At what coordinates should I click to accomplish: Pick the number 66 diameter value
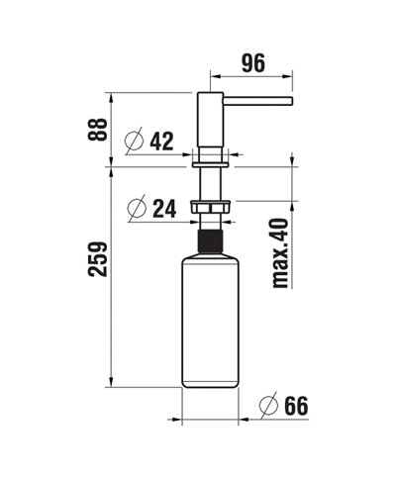click(295, 406)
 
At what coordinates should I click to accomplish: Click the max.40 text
click(280, 253)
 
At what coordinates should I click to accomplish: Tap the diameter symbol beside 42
click(135, 142)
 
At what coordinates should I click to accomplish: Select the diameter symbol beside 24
click(138, 209)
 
